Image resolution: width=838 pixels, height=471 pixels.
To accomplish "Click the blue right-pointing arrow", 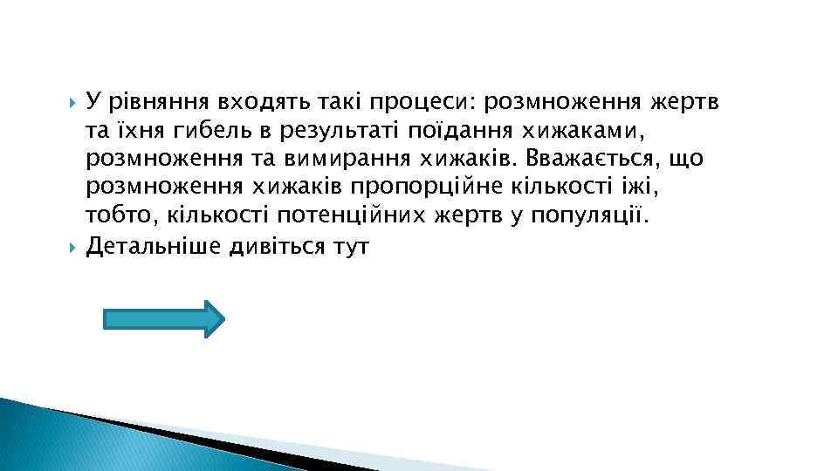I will click(163, 318).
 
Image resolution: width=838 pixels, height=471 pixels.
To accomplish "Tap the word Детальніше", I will click(153, 245).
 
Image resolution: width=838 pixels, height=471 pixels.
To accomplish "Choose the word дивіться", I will click(274, 245).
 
